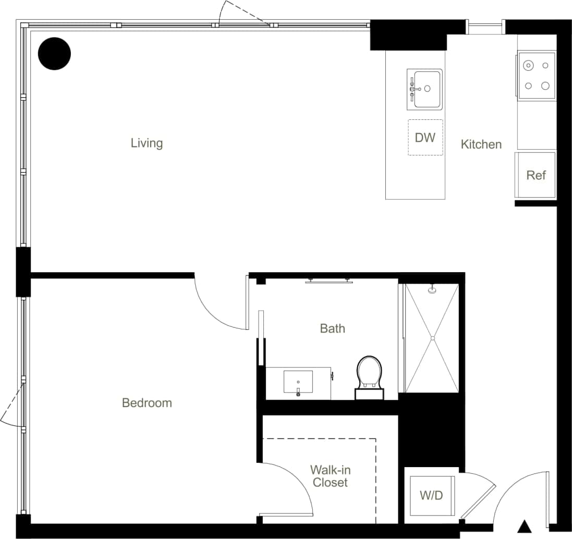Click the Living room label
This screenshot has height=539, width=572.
(x=147, y=143)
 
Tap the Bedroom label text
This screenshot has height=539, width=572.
(x=147, y=403)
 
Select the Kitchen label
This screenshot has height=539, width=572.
(x=481, y=144)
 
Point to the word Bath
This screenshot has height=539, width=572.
(x=332, y=328)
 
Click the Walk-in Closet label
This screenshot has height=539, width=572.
(x=330, y=476)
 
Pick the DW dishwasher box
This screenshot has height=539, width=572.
(x=425, y=138)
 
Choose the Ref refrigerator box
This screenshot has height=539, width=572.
(x=536, y=175)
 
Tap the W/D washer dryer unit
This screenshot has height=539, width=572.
(x=431, y=495)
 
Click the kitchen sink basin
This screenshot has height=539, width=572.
(x=427, y=89)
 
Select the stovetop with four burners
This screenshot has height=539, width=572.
(x=537, y=76)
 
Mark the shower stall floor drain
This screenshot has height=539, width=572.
(x=432, y=338)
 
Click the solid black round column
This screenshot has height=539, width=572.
(x=55, y=54)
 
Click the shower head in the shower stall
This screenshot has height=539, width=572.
(x=432, y=289)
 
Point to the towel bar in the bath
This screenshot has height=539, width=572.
(x=328, y=281)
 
